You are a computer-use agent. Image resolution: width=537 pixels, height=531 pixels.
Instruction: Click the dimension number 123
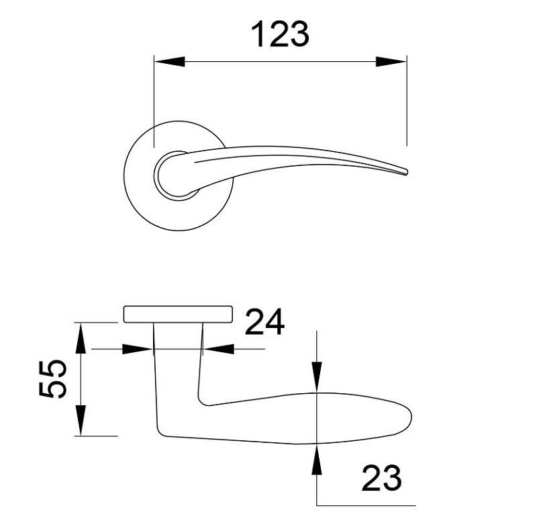(280, 34)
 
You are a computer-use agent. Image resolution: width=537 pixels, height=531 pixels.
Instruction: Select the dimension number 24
(264, 323)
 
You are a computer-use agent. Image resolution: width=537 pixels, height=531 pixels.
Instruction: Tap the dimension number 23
(381, 479)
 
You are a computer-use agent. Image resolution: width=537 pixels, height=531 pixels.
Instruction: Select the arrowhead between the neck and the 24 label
(217, 349)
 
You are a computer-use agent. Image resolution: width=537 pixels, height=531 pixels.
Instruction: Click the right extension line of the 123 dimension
(407, 101)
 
